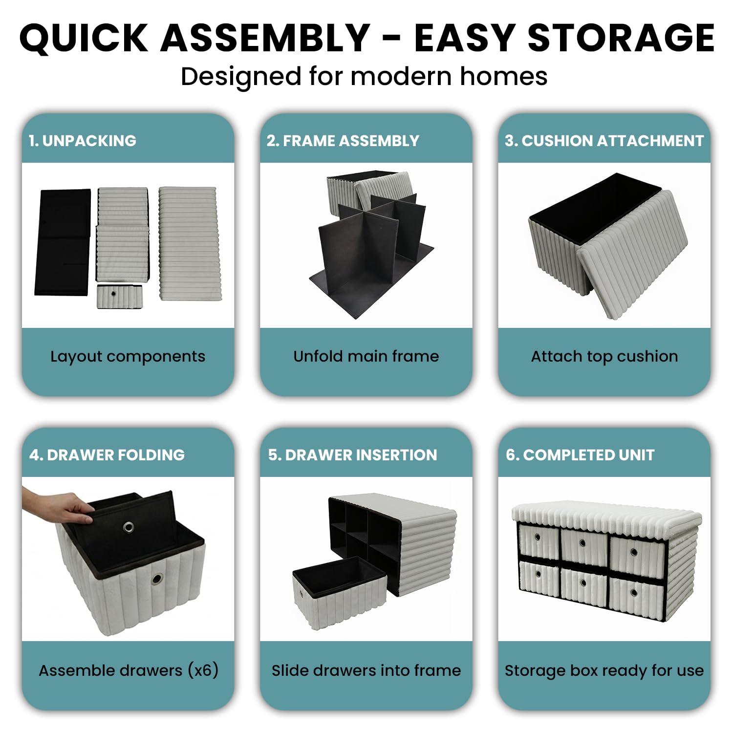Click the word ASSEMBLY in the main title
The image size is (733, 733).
[x=265, y=38]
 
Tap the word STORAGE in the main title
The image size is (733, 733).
[x=621, y=38]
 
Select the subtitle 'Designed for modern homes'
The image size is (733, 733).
[x=364, y=77]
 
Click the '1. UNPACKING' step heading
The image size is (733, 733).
[x=82, y=141]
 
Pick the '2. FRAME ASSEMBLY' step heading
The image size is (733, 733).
[x=343, y=141]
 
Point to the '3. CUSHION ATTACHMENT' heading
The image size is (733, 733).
[x=604, y=141]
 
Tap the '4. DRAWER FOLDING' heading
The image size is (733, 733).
[x=107, y=455]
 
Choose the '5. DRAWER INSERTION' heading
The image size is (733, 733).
[x=352, y=455]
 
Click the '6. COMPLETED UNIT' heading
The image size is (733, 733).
[x=580, y=455]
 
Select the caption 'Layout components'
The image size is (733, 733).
[x=128, y=357]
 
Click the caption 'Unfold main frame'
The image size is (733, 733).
[x=366, y=356]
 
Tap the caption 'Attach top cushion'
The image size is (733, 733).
[x=604, y=357]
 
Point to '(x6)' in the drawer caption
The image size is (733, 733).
[x=203, y=670]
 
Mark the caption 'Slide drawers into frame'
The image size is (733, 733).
[x=366, y=670]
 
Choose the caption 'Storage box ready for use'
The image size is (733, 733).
[x=604, y=671]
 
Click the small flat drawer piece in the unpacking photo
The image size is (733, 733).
[x=120, y=296]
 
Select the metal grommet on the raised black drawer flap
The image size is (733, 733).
[x=129, y=527]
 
